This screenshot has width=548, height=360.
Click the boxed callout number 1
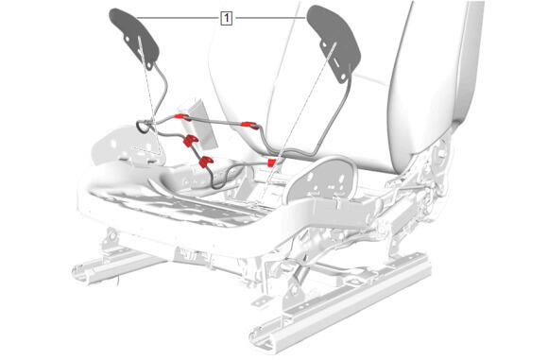click(227, 18)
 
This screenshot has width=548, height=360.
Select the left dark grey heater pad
click(134, 38)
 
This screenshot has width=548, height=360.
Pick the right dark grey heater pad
click(334, 42)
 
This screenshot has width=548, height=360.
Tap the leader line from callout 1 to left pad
click(179, 17)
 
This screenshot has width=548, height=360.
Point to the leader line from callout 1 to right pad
click(269, 17)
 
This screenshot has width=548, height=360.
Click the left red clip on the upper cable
click(182, 117)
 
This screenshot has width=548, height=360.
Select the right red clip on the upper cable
click(249, 125)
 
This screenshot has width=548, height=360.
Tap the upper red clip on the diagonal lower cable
click(190, 141)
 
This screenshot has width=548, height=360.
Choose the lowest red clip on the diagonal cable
click(206, 162)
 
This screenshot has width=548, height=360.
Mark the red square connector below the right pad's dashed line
click(271, 163)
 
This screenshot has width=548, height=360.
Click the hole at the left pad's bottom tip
click(149, 65)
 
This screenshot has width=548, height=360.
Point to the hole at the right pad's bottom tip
click(343, 77)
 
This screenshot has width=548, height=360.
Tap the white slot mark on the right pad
click(335, 63)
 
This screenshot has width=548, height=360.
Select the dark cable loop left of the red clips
click(142, 126)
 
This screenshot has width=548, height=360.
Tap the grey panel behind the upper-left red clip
click(200, 122)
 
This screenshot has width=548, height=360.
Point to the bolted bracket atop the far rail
click(111, 238)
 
